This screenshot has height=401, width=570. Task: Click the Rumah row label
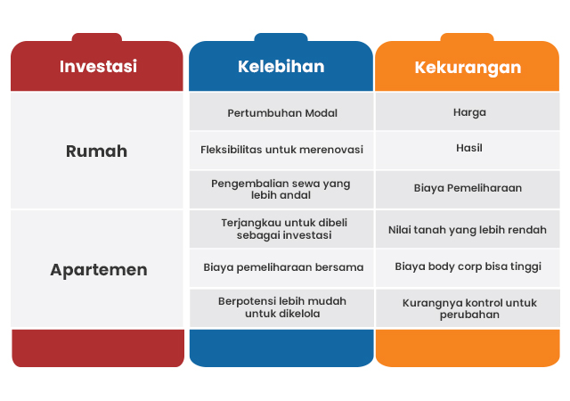click(x=97, y=151)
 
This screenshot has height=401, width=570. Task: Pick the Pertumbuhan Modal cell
click(x=281, y=111)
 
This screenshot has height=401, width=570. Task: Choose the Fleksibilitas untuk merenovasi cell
click(x=281, y=151)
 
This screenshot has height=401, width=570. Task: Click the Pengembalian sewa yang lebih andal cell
click(x=281, y=190)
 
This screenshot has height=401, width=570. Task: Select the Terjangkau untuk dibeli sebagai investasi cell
click(x=281, y=229)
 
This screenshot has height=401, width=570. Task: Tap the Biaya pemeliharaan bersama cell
click(x=281, y=268)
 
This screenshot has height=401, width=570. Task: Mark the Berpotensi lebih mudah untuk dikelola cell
click(x=281, y=308)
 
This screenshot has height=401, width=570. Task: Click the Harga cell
click(x=468, y=111)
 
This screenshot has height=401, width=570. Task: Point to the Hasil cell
click(x=468, y=151)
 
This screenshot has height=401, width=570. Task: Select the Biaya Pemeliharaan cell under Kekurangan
click(x=468, y=190)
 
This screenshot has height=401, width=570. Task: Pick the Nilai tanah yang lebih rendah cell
click(x=468, y=229)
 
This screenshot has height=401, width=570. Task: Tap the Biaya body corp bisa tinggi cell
click(x=468, y=268)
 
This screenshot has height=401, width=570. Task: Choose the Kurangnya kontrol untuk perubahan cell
click(x=468, y=308)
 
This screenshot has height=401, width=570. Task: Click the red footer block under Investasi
click(x=98, y=348)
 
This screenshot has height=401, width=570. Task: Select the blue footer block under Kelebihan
click(x=281, y=348)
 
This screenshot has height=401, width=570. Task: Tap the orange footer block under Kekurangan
click(x=468, y=348)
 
